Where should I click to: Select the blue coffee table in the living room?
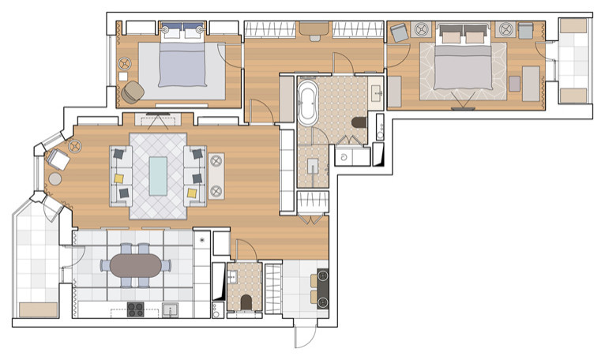point(159,175)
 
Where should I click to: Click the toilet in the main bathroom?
point(359,122)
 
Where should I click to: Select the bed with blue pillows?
point(184,62)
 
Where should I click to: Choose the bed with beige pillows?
point(462,64)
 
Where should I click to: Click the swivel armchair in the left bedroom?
point(133,92)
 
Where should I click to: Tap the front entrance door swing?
point(304,336)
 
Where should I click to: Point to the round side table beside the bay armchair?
point(55,179)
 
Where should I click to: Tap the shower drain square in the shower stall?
point(313,165)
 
